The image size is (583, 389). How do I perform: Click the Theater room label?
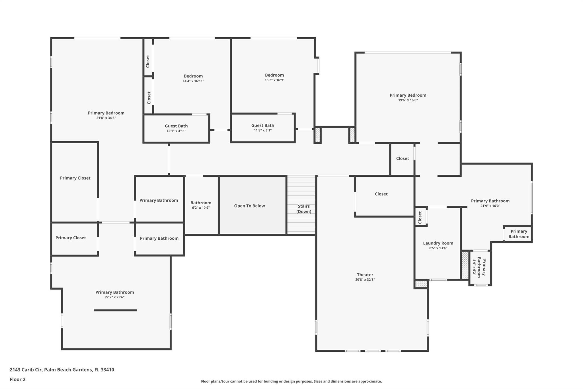[x=365, y=275]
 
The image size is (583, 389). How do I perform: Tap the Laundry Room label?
[x=438, y=243]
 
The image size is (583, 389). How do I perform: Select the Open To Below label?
[x=249, y=206]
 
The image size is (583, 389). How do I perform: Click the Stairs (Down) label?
[x=303, y=209]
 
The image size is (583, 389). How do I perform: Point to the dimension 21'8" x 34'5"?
[x=106, y=118]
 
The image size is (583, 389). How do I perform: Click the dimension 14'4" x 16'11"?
[x=193, y=81]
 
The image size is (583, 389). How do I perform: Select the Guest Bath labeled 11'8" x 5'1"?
[x=262, y=125]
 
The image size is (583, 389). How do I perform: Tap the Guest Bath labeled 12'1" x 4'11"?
[x=176, y=126]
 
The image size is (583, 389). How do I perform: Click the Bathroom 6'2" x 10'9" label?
[x=201, y=203]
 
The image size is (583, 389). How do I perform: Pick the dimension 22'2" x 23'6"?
[x=114, y=297]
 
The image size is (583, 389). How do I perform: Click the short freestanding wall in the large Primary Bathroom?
[x=116, y=310]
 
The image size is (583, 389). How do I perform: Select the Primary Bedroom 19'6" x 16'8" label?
[x=408, y=95]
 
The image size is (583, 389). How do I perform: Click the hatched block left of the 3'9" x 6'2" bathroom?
[x=465, y=265]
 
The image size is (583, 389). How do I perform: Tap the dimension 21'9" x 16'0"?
[x=490, y=206]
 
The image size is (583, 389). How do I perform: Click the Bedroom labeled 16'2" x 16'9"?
[x=274, y=75]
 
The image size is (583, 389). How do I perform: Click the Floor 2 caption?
[x=18, y=380]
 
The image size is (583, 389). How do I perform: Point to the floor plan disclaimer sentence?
[x=291, y=381]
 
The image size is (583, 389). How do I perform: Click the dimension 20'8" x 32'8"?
[x=365, y=280]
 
